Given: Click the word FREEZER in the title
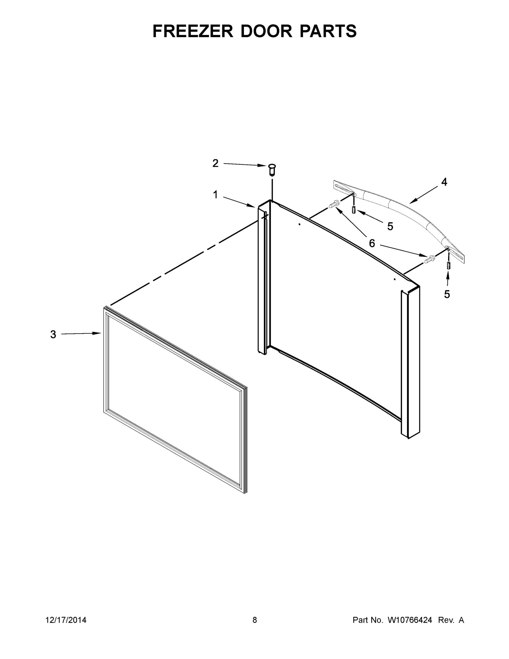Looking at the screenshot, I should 193,31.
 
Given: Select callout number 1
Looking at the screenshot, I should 215,195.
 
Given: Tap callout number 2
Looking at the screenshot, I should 215,163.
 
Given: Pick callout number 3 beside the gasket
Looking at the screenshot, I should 53,334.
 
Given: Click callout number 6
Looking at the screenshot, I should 372,243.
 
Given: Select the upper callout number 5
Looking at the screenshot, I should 390,226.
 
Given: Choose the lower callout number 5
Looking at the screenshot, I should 447,294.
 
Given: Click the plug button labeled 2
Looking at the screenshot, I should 272,169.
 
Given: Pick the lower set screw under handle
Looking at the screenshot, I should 448,266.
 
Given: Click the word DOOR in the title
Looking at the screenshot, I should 266,31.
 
